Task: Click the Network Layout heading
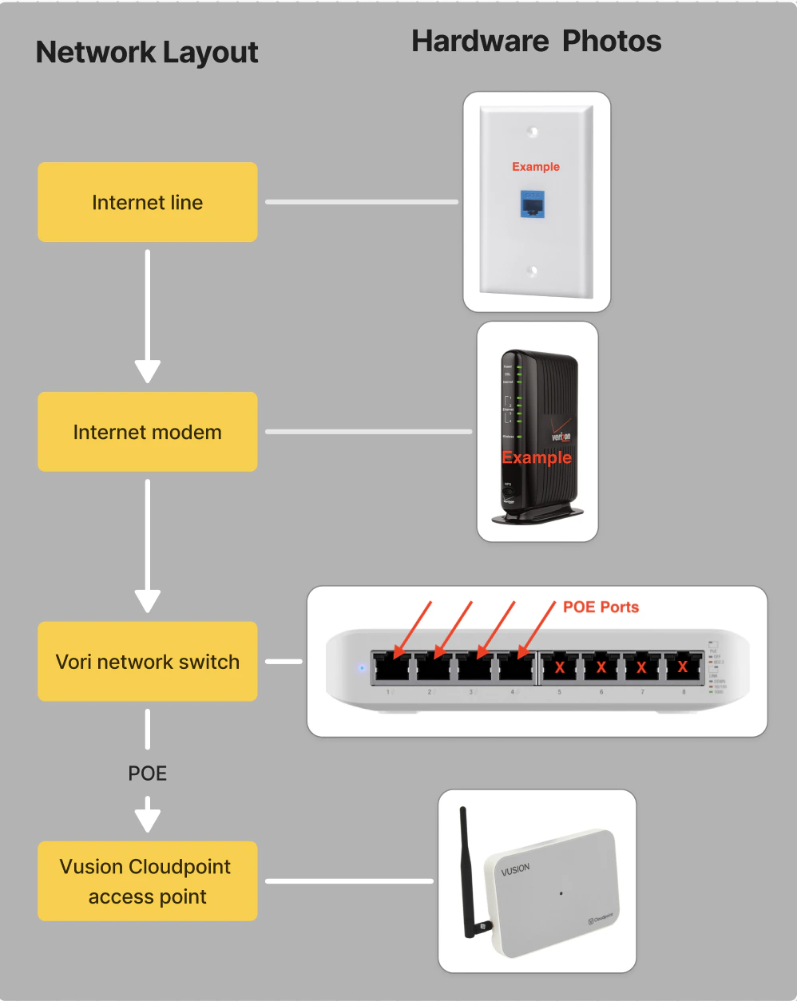pos(147,53)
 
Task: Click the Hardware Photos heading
pos(536,42)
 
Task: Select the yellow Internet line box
pos(148,202)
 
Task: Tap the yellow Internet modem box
pos(148,432)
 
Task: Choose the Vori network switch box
pos(148,662)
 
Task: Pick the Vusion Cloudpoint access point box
pos(148,881)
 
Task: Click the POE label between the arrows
pos(148,773)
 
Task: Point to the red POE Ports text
pos(601,607)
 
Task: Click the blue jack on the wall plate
pos(533,204)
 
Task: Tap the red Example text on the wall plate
pos(536,167)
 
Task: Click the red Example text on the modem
pos(537,457)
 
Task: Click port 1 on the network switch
pos(391,667)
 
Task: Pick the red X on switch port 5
pos(560,667)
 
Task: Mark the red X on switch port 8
pos(683,667)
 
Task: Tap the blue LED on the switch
pos(362,667)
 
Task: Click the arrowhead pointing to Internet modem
pos(148,371)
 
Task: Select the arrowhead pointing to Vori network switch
pos(148,601)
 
